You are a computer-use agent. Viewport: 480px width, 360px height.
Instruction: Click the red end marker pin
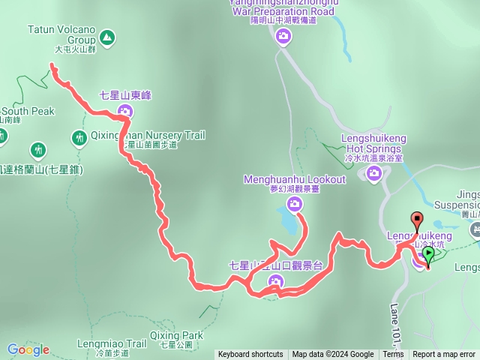point(416,220)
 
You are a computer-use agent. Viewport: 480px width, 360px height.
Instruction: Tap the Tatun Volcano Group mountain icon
point(106,36)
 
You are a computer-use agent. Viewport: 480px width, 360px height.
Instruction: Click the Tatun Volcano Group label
point(61,34)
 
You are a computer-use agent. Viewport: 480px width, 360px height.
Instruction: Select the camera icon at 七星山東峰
point(124,112)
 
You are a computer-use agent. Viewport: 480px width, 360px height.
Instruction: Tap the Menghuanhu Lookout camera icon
point(295,203)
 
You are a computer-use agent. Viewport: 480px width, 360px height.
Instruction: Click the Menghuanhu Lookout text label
point(295,180)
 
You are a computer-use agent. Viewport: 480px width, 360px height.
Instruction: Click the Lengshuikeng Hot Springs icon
point(373,175)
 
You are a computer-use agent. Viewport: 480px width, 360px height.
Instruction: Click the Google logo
point(28,349)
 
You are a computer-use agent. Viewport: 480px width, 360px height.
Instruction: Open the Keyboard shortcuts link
point(250,355)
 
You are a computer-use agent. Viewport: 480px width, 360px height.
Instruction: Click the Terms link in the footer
point(393,355)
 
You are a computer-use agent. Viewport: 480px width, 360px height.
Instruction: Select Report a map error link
point(444,355)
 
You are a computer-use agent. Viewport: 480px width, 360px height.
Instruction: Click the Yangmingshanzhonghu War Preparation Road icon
point(283,36)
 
